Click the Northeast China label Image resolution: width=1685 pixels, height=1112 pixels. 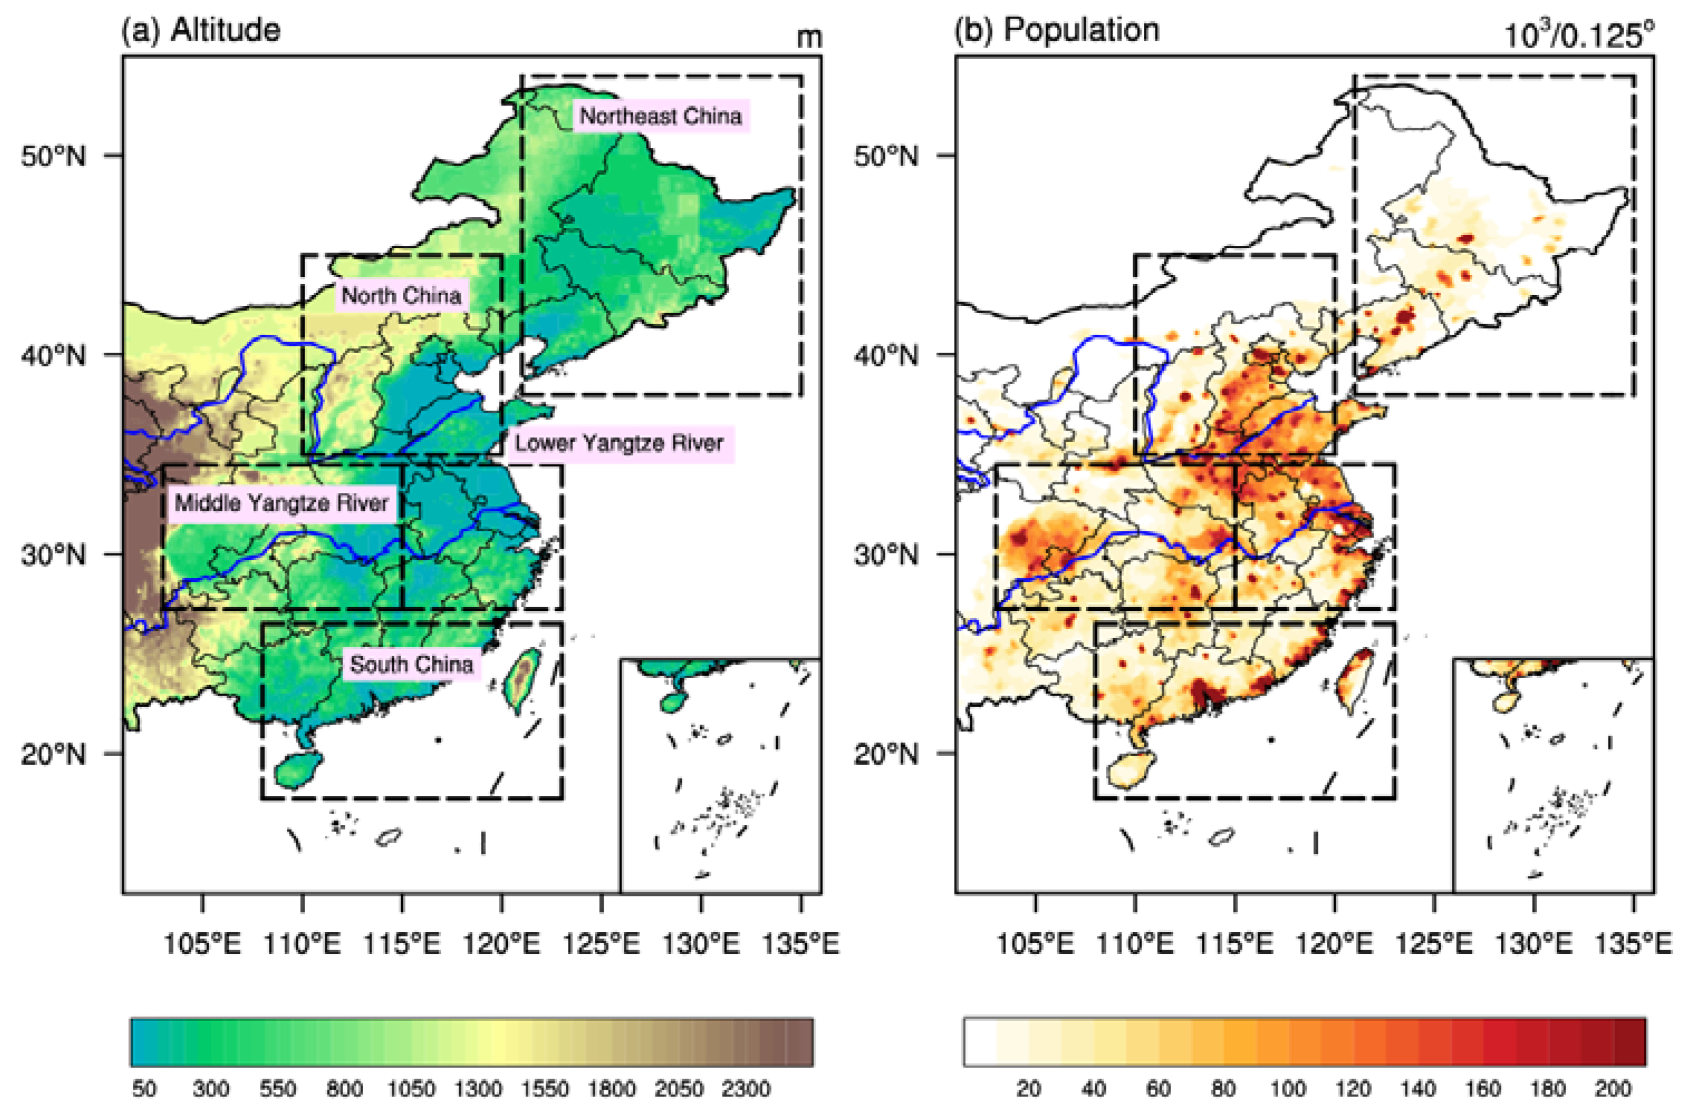point(661,115)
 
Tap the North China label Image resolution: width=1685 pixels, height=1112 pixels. point(402,295)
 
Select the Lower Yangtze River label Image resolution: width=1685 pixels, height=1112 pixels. point(619,443)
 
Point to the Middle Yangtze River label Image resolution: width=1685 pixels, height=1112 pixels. point(282,504)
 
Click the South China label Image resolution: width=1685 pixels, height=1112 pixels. point(412,665)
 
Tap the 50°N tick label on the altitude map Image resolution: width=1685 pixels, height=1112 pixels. point(53,156)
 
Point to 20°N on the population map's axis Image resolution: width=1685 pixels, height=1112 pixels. point(886,754)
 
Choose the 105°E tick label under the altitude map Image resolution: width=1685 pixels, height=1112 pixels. point(203,944)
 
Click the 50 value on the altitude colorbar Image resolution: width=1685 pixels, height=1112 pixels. point(145,1089)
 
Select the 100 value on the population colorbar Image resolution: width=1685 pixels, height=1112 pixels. point(1288,1089)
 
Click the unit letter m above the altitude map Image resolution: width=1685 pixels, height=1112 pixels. point(809,37)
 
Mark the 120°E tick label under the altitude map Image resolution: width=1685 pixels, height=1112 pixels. point(502,944)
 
